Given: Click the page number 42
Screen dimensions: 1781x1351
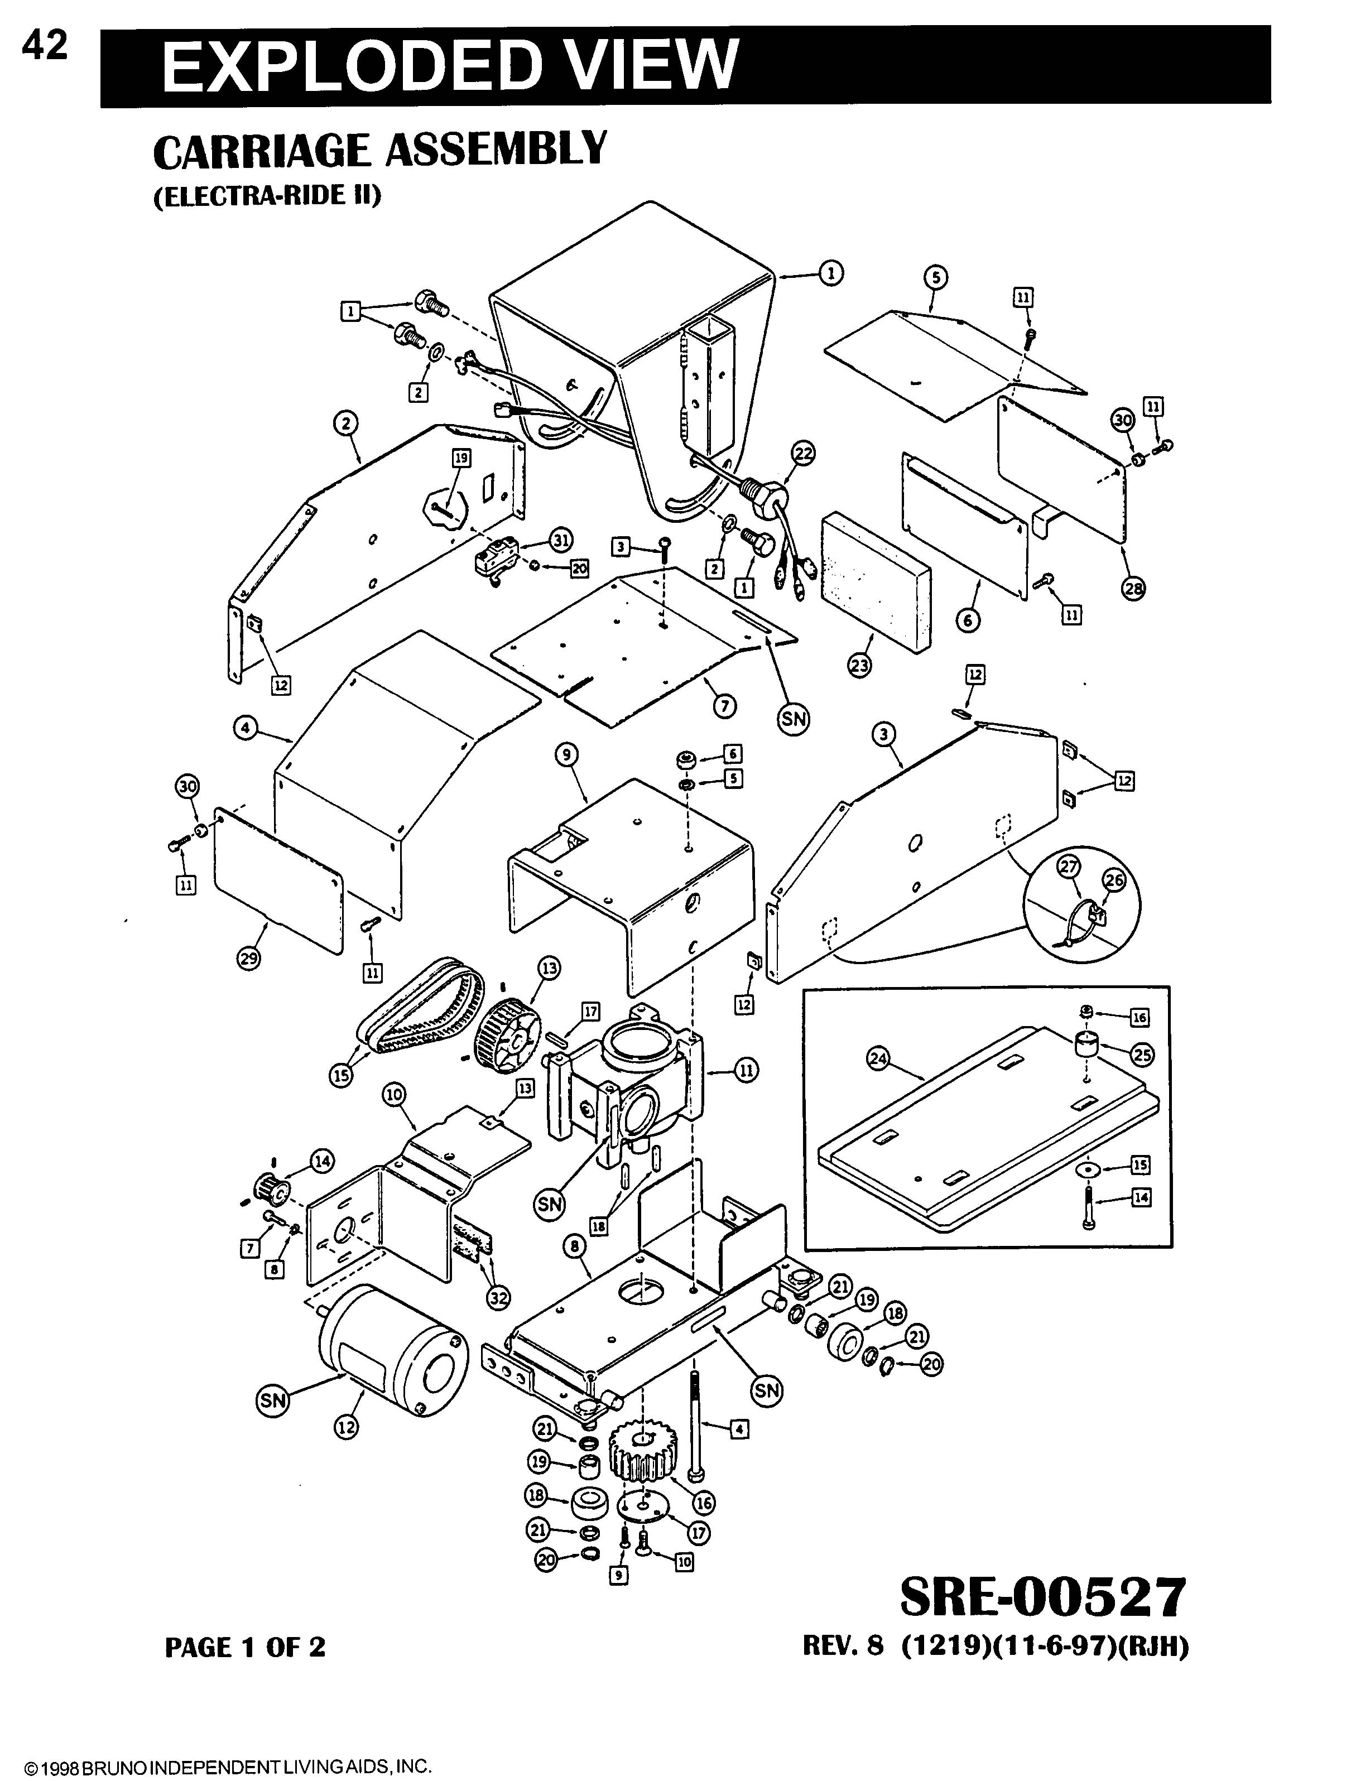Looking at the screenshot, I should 45,47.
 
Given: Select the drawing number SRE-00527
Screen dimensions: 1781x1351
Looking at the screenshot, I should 1042,1597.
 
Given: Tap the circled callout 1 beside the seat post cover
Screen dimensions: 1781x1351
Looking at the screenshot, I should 831,274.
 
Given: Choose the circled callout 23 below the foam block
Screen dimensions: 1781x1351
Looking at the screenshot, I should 860,665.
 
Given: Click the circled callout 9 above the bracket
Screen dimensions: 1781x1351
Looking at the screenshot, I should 567,754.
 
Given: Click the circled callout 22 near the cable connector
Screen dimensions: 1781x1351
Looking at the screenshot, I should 802,455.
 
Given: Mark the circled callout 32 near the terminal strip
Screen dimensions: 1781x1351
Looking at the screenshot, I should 498,1297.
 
